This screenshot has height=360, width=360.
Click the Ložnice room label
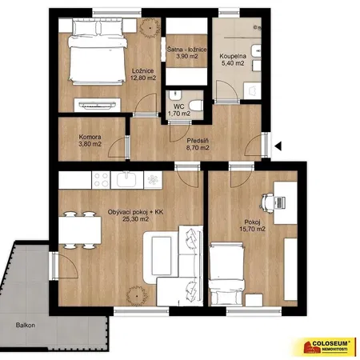click(143, 71)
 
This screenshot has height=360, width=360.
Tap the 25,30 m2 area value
click(135, 219)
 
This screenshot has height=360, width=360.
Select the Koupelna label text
click(233, 56)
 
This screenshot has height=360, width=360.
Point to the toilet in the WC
click(196, 105)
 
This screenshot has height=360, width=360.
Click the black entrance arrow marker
click(278, 146)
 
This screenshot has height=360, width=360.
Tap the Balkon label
click(26, 325)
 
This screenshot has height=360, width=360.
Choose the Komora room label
click(90, 137)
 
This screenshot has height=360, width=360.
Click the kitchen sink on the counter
click(127, 180)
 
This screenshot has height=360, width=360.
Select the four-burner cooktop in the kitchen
click(101, 180)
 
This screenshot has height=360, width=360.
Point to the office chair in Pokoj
click(267, 203)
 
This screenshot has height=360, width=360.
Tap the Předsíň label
click(198, 141)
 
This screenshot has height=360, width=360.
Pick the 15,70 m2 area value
click(252, 229)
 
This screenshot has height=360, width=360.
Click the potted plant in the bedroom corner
click(150, 27)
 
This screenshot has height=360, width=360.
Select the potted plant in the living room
click(137, 296)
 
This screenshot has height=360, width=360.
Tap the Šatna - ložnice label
click(186, 50)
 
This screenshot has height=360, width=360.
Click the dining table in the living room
click(80, 230)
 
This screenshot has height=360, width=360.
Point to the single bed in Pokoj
click(226, 274)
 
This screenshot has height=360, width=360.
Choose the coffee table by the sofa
click(162, 256)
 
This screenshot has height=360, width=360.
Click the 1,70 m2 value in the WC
click(179, 114)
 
